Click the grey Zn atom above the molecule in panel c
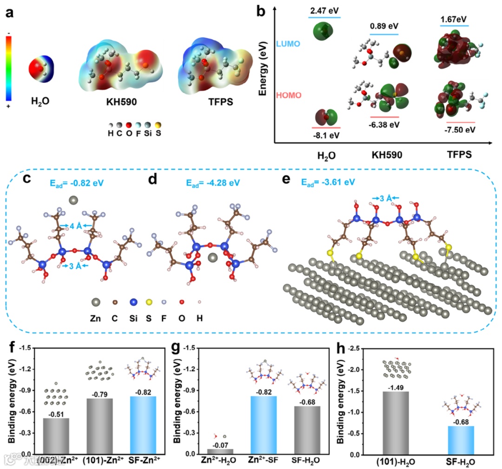tap(73, 200)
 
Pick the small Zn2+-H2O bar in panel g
tap(221, 451)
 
